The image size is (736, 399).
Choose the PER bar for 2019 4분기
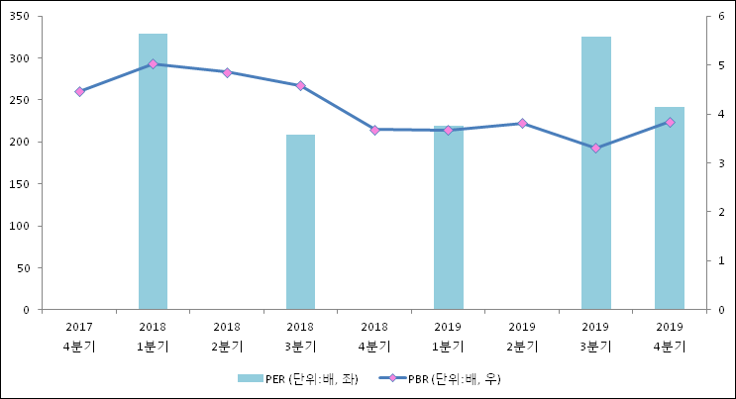(x=670, y=208)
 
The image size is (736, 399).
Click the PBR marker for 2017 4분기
(x=79, y=91)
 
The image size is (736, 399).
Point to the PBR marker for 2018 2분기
(x=227, y=72)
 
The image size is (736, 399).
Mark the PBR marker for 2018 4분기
(x=374, y=130)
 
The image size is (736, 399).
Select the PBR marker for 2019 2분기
(x=522, y=123)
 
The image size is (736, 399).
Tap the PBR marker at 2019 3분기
(x=595, y=148)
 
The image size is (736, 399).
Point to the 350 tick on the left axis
(x=21, y=17)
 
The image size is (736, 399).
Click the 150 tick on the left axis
(x=21, y=184)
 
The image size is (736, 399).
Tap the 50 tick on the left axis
(x=24, y=268)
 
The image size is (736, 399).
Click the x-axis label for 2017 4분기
(x=79, y=336)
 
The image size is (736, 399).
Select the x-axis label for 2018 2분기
(x=227, y=336)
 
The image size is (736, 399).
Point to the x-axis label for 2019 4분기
(x=670, y=336)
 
